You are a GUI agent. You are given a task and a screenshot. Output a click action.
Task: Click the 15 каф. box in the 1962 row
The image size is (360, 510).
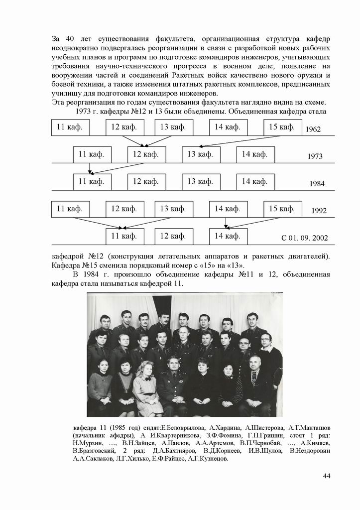[282, 127]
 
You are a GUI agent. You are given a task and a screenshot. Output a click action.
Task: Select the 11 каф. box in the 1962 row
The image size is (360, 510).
[70, 127]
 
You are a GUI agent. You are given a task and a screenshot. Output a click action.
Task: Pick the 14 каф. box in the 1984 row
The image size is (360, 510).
[255, 181]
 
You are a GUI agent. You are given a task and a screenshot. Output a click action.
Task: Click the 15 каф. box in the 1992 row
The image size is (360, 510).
[282, 209]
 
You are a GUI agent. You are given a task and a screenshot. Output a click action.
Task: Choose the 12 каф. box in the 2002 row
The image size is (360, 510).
[173, 236]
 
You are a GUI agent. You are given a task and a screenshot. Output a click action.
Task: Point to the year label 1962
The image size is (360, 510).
[313, 129]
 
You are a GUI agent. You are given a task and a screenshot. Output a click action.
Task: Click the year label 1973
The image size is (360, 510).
[315, 156]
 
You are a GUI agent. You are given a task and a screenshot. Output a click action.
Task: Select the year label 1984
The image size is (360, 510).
[317, 183]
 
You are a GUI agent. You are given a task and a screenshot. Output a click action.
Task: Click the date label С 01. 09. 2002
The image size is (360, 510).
[304, 238]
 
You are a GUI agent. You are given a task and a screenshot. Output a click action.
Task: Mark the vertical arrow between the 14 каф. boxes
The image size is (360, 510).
[226, 223]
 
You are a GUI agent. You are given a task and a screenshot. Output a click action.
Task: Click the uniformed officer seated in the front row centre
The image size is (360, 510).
[173, 383]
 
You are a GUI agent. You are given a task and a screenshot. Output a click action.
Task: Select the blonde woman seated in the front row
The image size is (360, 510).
[146, 386]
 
